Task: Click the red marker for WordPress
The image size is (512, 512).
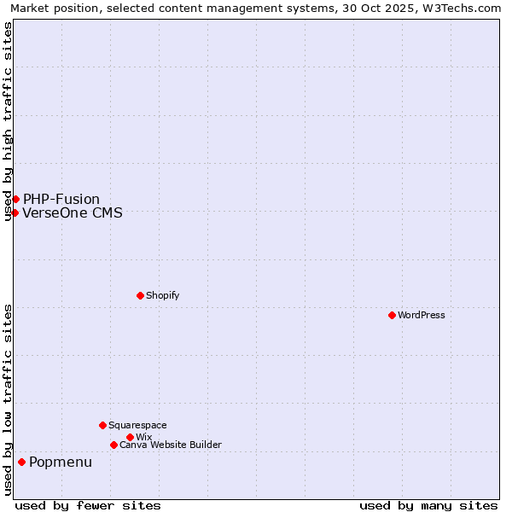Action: pyautogui.click(x=392, y=315)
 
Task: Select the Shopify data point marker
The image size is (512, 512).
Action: pyautogui.click(x=140, y=295)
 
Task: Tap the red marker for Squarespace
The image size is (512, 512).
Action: pyautogui.click(x=102, y=425)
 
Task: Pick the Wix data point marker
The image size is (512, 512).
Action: pyautogui.click(x=130, y=437)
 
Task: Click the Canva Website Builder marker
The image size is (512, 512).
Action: pyautogui.click(x=113, y=445)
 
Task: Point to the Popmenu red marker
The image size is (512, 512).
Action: pyautogui.click(x=21, y=462)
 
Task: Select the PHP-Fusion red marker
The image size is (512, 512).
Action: pyautogui.click(x=15, y=199)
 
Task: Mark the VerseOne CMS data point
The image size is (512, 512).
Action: pyautogui.click(x=15, y=212)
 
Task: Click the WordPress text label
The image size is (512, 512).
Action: pyautogui.click(x=422, y=315)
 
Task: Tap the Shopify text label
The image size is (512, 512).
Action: pyautogui.click(x=162, y=295)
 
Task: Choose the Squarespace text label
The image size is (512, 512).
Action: pyautogui.click(x=137, y=425)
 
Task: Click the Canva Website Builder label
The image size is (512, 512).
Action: pyautogui.click(x=171, y=445)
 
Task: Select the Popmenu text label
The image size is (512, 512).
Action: pyautogui.click(x=61, y=463)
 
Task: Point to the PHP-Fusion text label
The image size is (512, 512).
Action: pyautogui.click(x=61, y=200)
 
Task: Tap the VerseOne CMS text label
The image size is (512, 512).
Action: pyautogui.click(x=73, y=213)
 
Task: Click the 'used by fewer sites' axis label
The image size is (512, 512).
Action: pyautogui.click(x=88, y=505)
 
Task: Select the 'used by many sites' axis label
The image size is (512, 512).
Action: pyautogui.click(x=428, y=505)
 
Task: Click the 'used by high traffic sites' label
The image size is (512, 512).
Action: pyautogui.click(x=8, y=121)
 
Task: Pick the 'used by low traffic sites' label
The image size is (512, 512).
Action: pyautogui.click(x=8, y=399)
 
